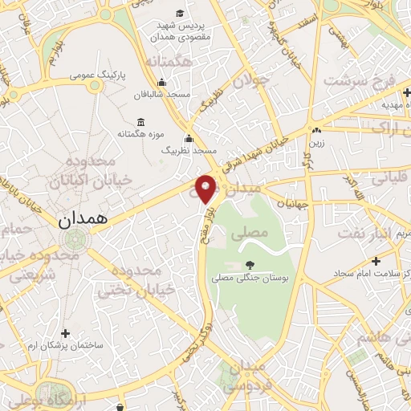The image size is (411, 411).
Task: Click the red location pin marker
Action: [206, 188]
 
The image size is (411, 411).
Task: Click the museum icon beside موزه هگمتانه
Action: [142, 122]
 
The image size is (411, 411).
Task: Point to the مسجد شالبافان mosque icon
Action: [162, 83]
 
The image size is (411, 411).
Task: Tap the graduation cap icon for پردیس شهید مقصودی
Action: [180, 14]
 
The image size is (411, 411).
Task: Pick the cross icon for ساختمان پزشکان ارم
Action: [66, 332]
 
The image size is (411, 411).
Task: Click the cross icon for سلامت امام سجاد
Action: [376, 261]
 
